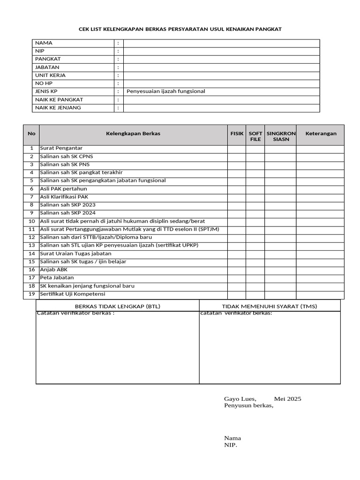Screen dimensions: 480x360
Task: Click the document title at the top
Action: pos(180,29)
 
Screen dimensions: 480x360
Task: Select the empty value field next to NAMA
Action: pos(221,43)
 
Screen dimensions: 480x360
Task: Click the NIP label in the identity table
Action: pos(39,51)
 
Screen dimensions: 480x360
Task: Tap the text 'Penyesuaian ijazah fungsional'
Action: pos(163,91)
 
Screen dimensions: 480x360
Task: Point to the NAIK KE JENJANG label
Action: pos(58,108)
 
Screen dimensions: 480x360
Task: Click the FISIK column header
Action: pos(237,134)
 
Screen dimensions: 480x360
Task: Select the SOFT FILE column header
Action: pos(255,136)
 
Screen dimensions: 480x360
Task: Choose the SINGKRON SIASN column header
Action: pos(281,136)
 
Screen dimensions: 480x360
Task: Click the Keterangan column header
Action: pos(321,134)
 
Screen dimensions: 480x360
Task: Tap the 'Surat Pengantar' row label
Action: pos(61,149)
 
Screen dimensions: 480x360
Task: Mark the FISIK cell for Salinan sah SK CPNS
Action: pos(237,157)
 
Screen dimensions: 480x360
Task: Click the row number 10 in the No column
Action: pos(31,221)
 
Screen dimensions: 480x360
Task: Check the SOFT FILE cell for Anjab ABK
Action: pos(255,270)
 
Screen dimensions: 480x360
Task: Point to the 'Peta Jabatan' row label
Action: pos(57,278)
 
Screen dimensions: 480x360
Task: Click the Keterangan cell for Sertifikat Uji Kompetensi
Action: pos(321,294)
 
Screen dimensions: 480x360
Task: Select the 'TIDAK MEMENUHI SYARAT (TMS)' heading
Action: pos(270,307)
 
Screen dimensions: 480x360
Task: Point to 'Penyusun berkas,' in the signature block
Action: pos(248,406)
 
